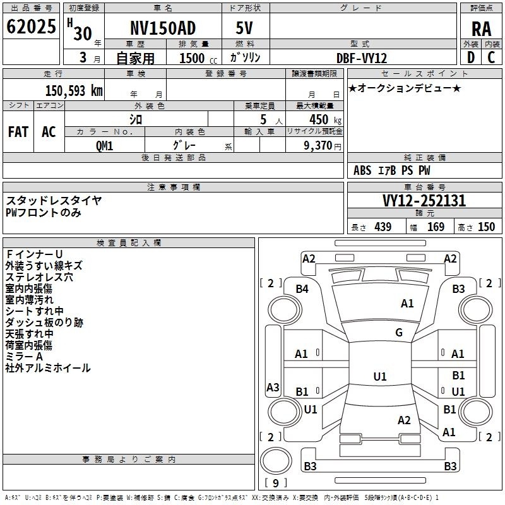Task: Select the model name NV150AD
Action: (x=163, y=28)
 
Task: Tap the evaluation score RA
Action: (x=481, y=29)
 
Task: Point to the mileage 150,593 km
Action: (x=74, y=90)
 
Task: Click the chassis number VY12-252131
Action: (x=424, y=201)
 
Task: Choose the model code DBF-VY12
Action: (x=361, y=57)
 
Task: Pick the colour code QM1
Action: (x=105, y=145)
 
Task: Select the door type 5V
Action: (x=246, y=28)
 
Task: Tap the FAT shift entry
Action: (x=18, y=131)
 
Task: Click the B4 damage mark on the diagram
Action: (x=303, y=289)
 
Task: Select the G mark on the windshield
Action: (x=399, y=333)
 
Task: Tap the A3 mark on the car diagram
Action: (x=273, y=387)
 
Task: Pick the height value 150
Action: (x=486, y=227)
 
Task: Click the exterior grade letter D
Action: (x=470, y=57)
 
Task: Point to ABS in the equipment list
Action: (x=362, y=170)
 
